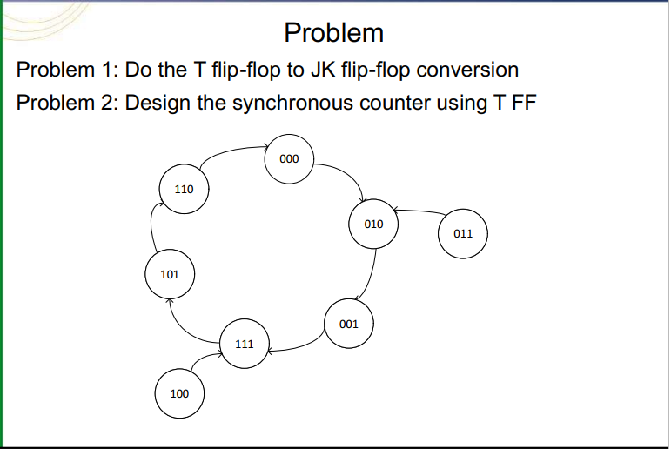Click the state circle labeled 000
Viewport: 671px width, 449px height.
[290, 159]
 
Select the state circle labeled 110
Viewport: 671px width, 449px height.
[184, 189]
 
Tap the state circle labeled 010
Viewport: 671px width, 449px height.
[373, 224]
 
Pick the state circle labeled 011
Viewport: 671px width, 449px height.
[463, 234]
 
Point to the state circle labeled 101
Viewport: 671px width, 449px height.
[171, 274]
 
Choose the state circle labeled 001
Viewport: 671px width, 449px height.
[349, 323]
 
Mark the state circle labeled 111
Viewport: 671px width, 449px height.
[245, 344]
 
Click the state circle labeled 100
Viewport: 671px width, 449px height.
[179, 393]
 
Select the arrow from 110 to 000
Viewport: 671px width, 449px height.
[229, 152]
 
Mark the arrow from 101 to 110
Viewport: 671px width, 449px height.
[152, 231]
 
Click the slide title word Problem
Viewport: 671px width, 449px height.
[333, 33]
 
